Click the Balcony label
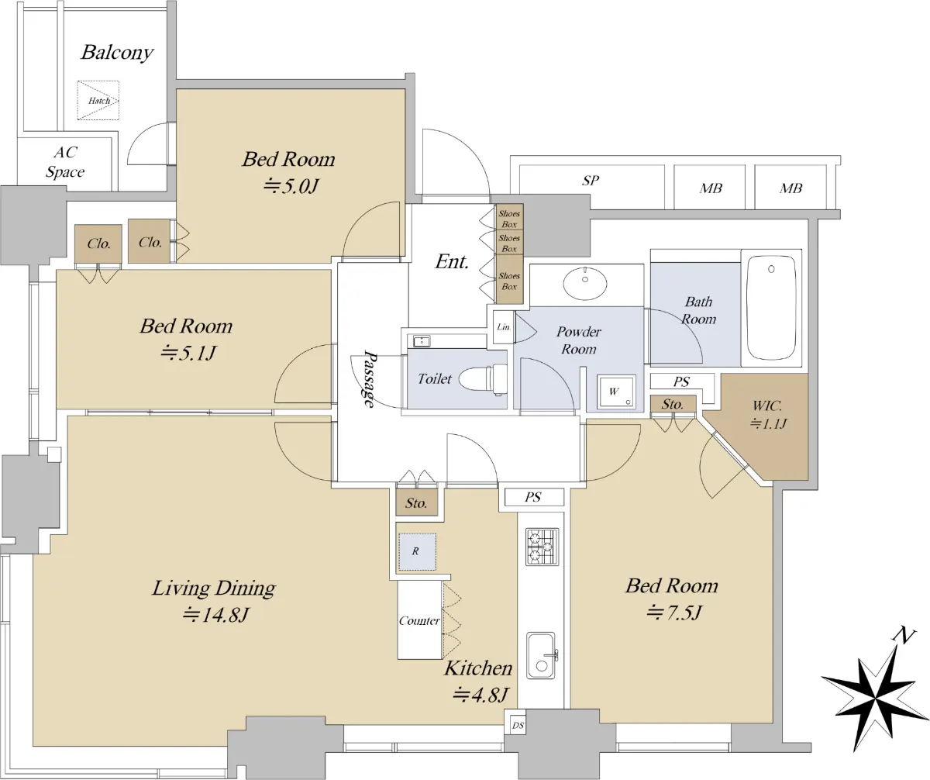[x=117, y=53]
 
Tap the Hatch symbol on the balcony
[x=98, y=100]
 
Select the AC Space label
[x=65, y=162]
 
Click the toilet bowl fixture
[x=483, y=379]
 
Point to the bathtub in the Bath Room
[x=771, y=308]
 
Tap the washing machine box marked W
[x=617, y=392]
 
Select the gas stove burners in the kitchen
[x=542, y=547]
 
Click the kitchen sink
[x=541, y=655]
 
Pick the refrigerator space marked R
[x=417, y=552]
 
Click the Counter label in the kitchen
[x=419, y=621]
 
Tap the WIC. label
[x=767, y=406]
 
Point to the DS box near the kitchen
[x=518, y=726]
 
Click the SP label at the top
[x=590, y=181]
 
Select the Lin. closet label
[x=504, y=327]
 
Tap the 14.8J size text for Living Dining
[x=215, y=616]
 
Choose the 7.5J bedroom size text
[x=673, y=613]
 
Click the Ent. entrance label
[x=452, y=261]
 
